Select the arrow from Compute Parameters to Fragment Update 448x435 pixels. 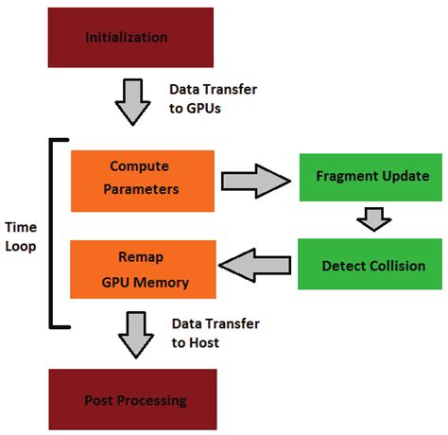coord(255,179)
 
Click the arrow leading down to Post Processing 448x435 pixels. coord(136,335)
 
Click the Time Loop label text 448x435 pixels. coord(22,237)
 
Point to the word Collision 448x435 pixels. coord(391,266)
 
